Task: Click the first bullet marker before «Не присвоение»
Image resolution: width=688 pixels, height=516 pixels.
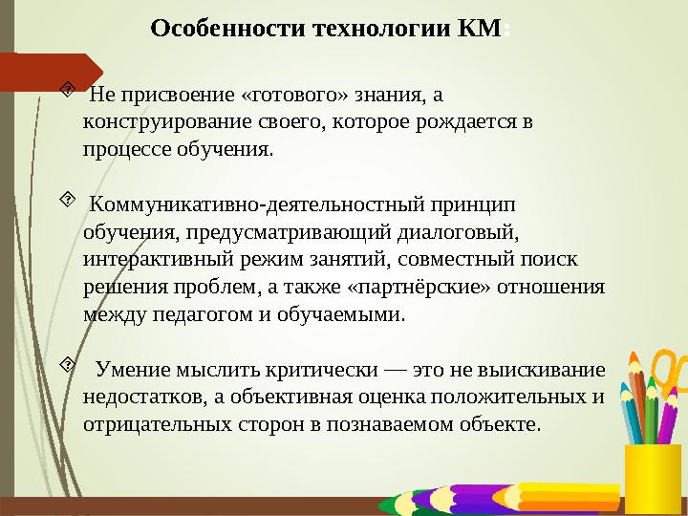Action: coord(67,92)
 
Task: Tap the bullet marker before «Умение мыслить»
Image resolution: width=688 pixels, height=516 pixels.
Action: coord(67,365)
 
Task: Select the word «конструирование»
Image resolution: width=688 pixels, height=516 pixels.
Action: coord(158,122)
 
